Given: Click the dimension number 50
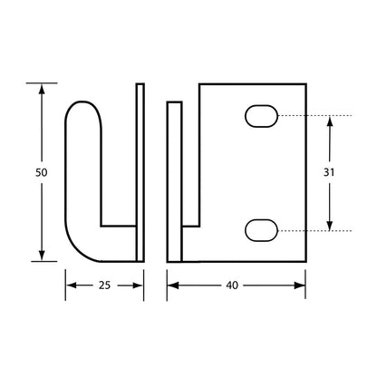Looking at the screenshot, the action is pyautogui.click(x=42, y=173).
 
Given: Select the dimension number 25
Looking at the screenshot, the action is pyautogui.click(x=104, y=285).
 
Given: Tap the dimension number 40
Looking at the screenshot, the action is pyautogui.click(x=232, y=285).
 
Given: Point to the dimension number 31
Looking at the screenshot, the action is pyautogui.click(x=329, y=172).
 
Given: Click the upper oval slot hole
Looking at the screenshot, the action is pyautogui.click(x=261, y=116).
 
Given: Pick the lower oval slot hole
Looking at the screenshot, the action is pyautogui.click(x=261, y=230).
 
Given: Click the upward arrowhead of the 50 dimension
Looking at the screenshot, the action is pyautogui.click(x=42, y=90).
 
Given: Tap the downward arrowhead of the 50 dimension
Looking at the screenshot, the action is pyautogui.click(x=42, y=255).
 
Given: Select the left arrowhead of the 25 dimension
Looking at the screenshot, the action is pyautogui.click(x=72, y=285).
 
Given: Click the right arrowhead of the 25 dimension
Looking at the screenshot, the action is pyautogui.click(x=137, y=285).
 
